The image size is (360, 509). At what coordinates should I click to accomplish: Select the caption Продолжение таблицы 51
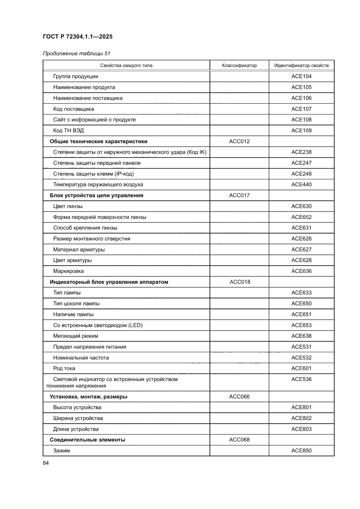[76, 54]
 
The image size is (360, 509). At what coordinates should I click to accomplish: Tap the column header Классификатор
[239, 66]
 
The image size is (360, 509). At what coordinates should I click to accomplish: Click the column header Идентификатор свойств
[301, 66]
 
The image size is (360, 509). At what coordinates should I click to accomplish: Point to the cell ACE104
[302, 76]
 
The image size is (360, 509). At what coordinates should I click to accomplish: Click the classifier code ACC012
[239, 142]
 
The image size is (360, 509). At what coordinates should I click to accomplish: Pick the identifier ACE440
[302, 185]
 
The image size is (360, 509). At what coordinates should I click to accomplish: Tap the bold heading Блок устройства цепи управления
[97, 196]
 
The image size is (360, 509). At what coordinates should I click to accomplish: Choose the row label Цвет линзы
[68, 206]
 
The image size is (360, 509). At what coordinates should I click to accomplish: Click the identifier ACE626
[302, 239]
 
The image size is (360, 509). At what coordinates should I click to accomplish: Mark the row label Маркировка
[69, 271]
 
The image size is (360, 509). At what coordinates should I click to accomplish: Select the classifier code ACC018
[240, 282]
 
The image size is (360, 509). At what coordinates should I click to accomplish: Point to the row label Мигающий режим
[76, 336]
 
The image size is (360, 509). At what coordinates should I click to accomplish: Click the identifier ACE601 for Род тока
[302, 368]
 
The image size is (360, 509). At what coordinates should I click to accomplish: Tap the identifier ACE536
[302, 379]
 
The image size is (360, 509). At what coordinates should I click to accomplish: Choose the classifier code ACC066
[239, 397]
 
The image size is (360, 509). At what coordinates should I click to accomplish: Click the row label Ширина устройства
[78, 418]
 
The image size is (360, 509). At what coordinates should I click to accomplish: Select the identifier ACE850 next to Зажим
[302, 451]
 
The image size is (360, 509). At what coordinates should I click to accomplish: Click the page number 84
[46, 463]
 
